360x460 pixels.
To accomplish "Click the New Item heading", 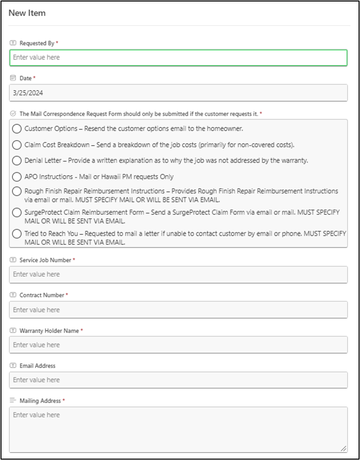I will pyautogui.click(x=27, y=13).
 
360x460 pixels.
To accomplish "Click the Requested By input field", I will pyautogui.click(x=178, y=58).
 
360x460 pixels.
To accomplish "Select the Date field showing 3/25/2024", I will pyautogui.click(x=178, y=93).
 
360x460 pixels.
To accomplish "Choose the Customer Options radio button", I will pyautogui.click(x=17, y=129).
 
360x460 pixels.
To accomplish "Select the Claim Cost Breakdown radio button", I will pyautogui.click(x=17, y=145).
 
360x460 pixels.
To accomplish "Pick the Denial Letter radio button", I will pyautogui.click(x=17, y=161).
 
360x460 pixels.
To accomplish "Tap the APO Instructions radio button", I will pyautogui.click(x=17, y=177).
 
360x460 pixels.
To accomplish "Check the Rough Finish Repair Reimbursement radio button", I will pyautogui.click(x=17, y=192).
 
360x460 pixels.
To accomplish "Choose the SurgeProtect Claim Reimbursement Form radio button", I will pyautogui.click(x=17, y=213).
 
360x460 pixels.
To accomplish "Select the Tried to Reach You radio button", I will pyautogui.click(x=17, y=234).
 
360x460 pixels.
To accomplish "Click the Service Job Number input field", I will pyautogui.click(x=178, y=274).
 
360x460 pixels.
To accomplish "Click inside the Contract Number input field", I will pyautogui.click(x=178, y=310).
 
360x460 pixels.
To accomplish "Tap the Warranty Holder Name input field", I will pyautogui.click(x=178, y=345).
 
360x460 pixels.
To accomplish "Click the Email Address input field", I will pyautogui.click(x=178, y=380).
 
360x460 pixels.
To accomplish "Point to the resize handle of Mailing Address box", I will pyautogui.click(x=343, y=449).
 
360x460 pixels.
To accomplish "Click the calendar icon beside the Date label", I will pyautogui.click(x=13, y=79).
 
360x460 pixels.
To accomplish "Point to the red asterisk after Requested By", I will pyautogui.click(x=57, y=44).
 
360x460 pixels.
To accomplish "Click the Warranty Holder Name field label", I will pyautogui.click(x=49, y=331).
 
